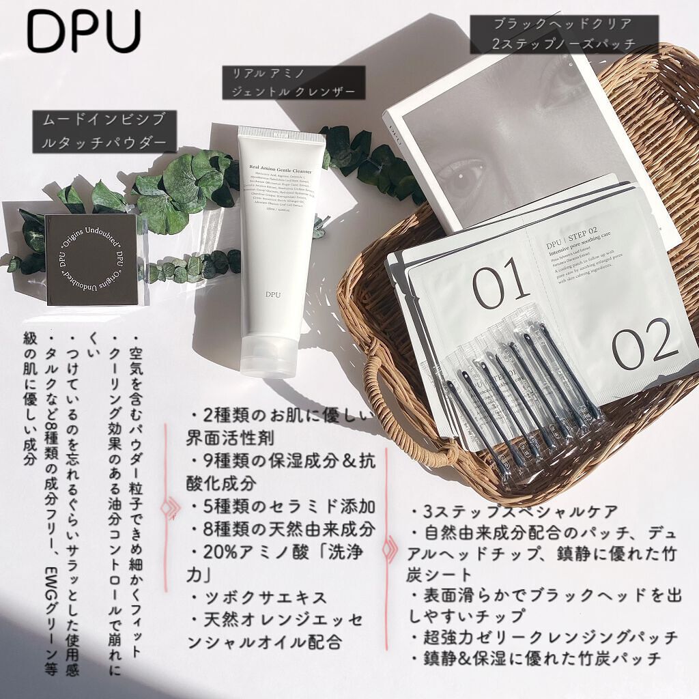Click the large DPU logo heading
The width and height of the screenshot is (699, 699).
click(84, 32)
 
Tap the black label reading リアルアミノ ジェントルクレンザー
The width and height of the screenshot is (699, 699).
click(294, 83)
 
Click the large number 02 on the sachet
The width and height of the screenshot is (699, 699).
click(644, 347)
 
